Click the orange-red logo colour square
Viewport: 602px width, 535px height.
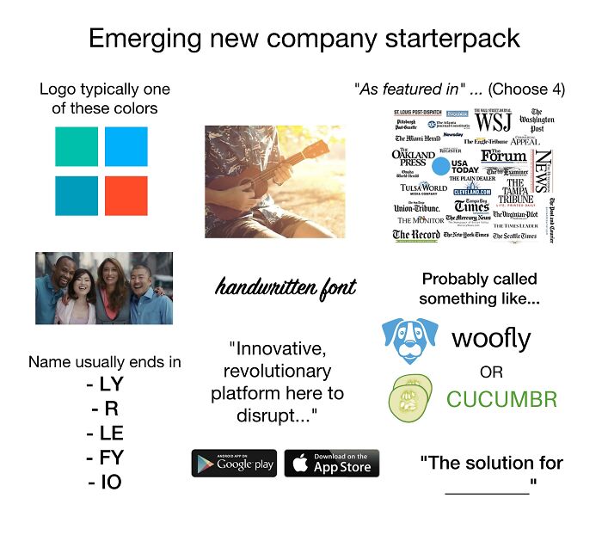[x=126, y=196]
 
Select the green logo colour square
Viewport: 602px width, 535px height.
[x=76, y=146]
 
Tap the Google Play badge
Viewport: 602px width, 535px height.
[x=234, y=463]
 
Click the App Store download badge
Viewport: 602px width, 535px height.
[x=331, y=463]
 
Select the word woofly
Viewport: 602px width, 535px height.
[x=491, y=338]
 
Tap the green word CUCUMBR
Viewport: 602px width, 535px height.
[x=501, y=399]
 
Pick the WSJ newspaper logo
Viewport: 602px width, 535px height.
[x=494, y=122]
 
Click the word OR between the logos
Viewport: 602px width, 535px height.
[x=492, y=372]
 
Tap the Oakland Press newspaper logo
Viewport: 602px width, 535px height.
[x=414, y=157]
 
